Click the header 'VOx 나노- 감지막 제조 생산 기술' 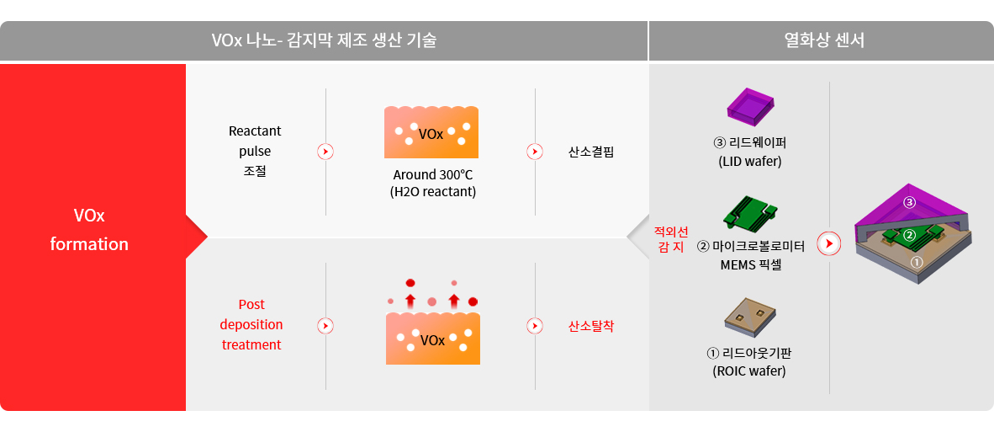[324, 41]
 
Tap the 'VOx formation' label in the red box [89, 230]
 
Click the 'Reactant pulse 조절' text [255, 152]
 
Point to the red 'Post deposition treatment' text [251, 324]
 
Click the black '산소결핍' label [591, 152]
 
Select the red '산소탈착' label [591, 326]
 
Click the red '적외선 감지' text [671, 239]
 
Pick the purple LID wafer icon [751, 104]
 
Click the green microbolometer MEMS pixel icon [750, 212]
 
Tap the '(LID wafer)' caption [750, 161]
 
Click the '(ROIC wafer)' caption [749, 371]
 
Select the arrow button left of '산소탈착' [535, 325]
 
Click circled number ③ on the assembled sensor [910, 202]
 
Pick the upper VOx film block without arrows [431, 132]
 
